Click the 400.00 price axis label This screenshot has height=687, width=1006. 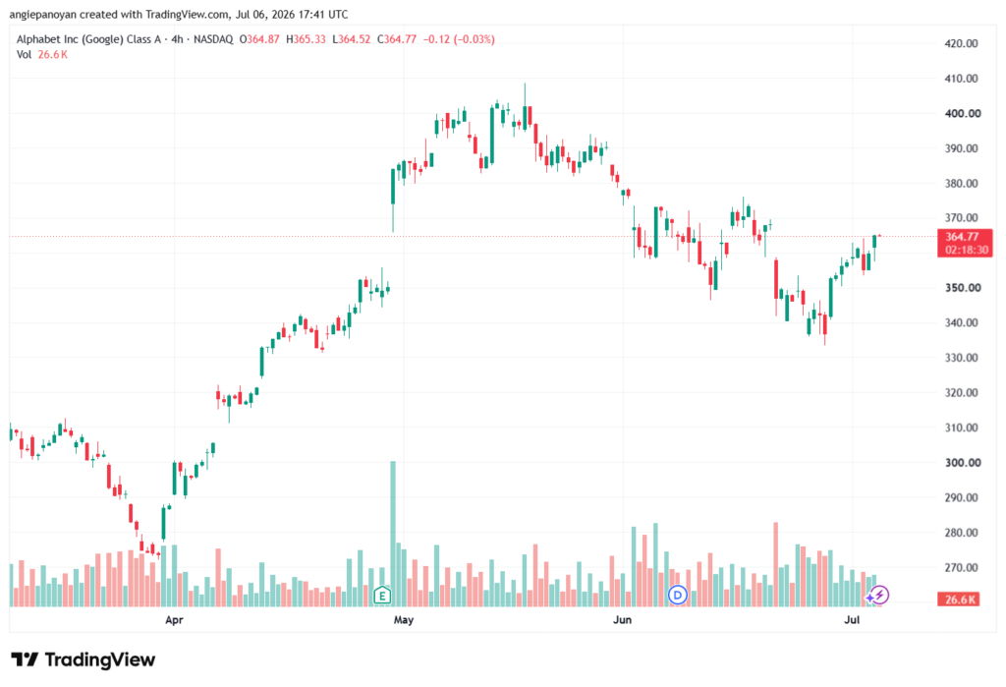coord(963,114)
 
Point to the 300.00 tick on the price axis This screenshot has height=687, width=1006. coord(963,463)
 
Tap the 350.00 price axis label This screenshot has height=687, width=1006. coord(963,288)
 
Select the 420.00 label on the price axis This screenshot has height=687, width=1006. coord(961,43)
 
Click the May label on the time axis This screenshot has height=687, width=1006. coord(404,620)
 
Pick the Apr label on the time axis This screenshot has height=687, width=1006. coord(174,620)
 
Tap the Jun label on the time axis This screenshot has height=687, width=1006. coord(622,620)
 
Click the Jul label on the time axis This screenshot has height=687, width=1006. coord(852,620)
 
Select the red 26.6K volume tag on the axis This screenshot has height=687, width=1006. coord(959,600)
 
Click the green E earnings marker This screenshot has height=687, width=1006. coord(382,596)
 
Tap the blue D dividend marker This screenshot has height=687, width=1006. coord(678,596)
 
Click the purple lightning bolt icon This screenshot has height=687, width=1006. coord(879,596)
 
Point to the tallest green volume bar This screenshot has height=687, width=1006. coord(393,534)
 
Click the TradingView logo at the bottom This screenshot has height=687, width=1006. coord(84,660)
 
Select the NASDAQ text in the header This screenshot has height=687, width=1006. coord(213,40)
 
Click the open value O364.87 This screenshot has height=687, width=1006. coord(259,40)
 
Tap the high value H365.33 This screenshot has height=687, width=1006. coord(306,40)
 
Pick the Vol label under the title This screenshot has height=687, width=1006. coord(24,55)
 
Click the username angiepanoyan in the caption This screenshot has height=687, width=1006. coord(43,15)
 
